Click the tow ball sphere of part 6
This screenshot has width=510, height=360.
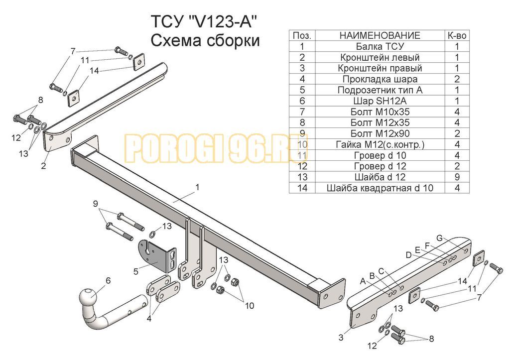(x=88, y=297)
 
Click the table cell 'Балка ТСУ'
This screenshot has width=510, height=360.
(x=380, y=46)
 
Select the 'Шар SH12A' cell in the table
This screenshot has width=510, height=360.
(x=380, y=101)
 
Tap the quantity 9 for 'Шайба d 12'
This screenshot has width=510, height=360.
(x=457, y=177)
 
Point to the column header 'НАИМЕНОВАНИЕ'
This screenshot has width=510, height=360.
(x=380, y=35)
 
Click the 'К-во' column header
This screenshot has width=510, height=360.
(x=457, y=35)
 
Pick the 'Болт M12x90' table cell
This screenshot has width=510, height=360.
(x=380, y=133)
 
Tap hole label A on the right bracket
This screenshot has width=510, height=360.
(x=363, y=281)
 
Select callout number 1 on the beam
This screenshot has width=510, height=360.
(x=197, y=187)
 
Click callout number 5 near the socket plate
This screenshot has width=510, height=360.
(x=136, y=271)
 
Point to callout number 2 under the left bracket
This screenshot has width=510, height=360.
(x=44, y=166)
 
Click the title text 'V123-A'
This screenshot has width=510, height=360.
(x=222, y=22)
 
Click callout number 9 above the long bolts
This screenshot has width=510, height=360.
(x=95, y=204)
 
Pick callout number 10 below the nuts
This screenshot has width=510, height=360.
(x=250, y=306)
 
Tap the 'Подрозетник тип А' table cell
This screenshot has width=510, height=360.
(x=380, y=90)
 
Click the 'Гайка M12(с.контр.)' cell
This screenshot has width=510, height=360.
(x=380, y=144)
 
